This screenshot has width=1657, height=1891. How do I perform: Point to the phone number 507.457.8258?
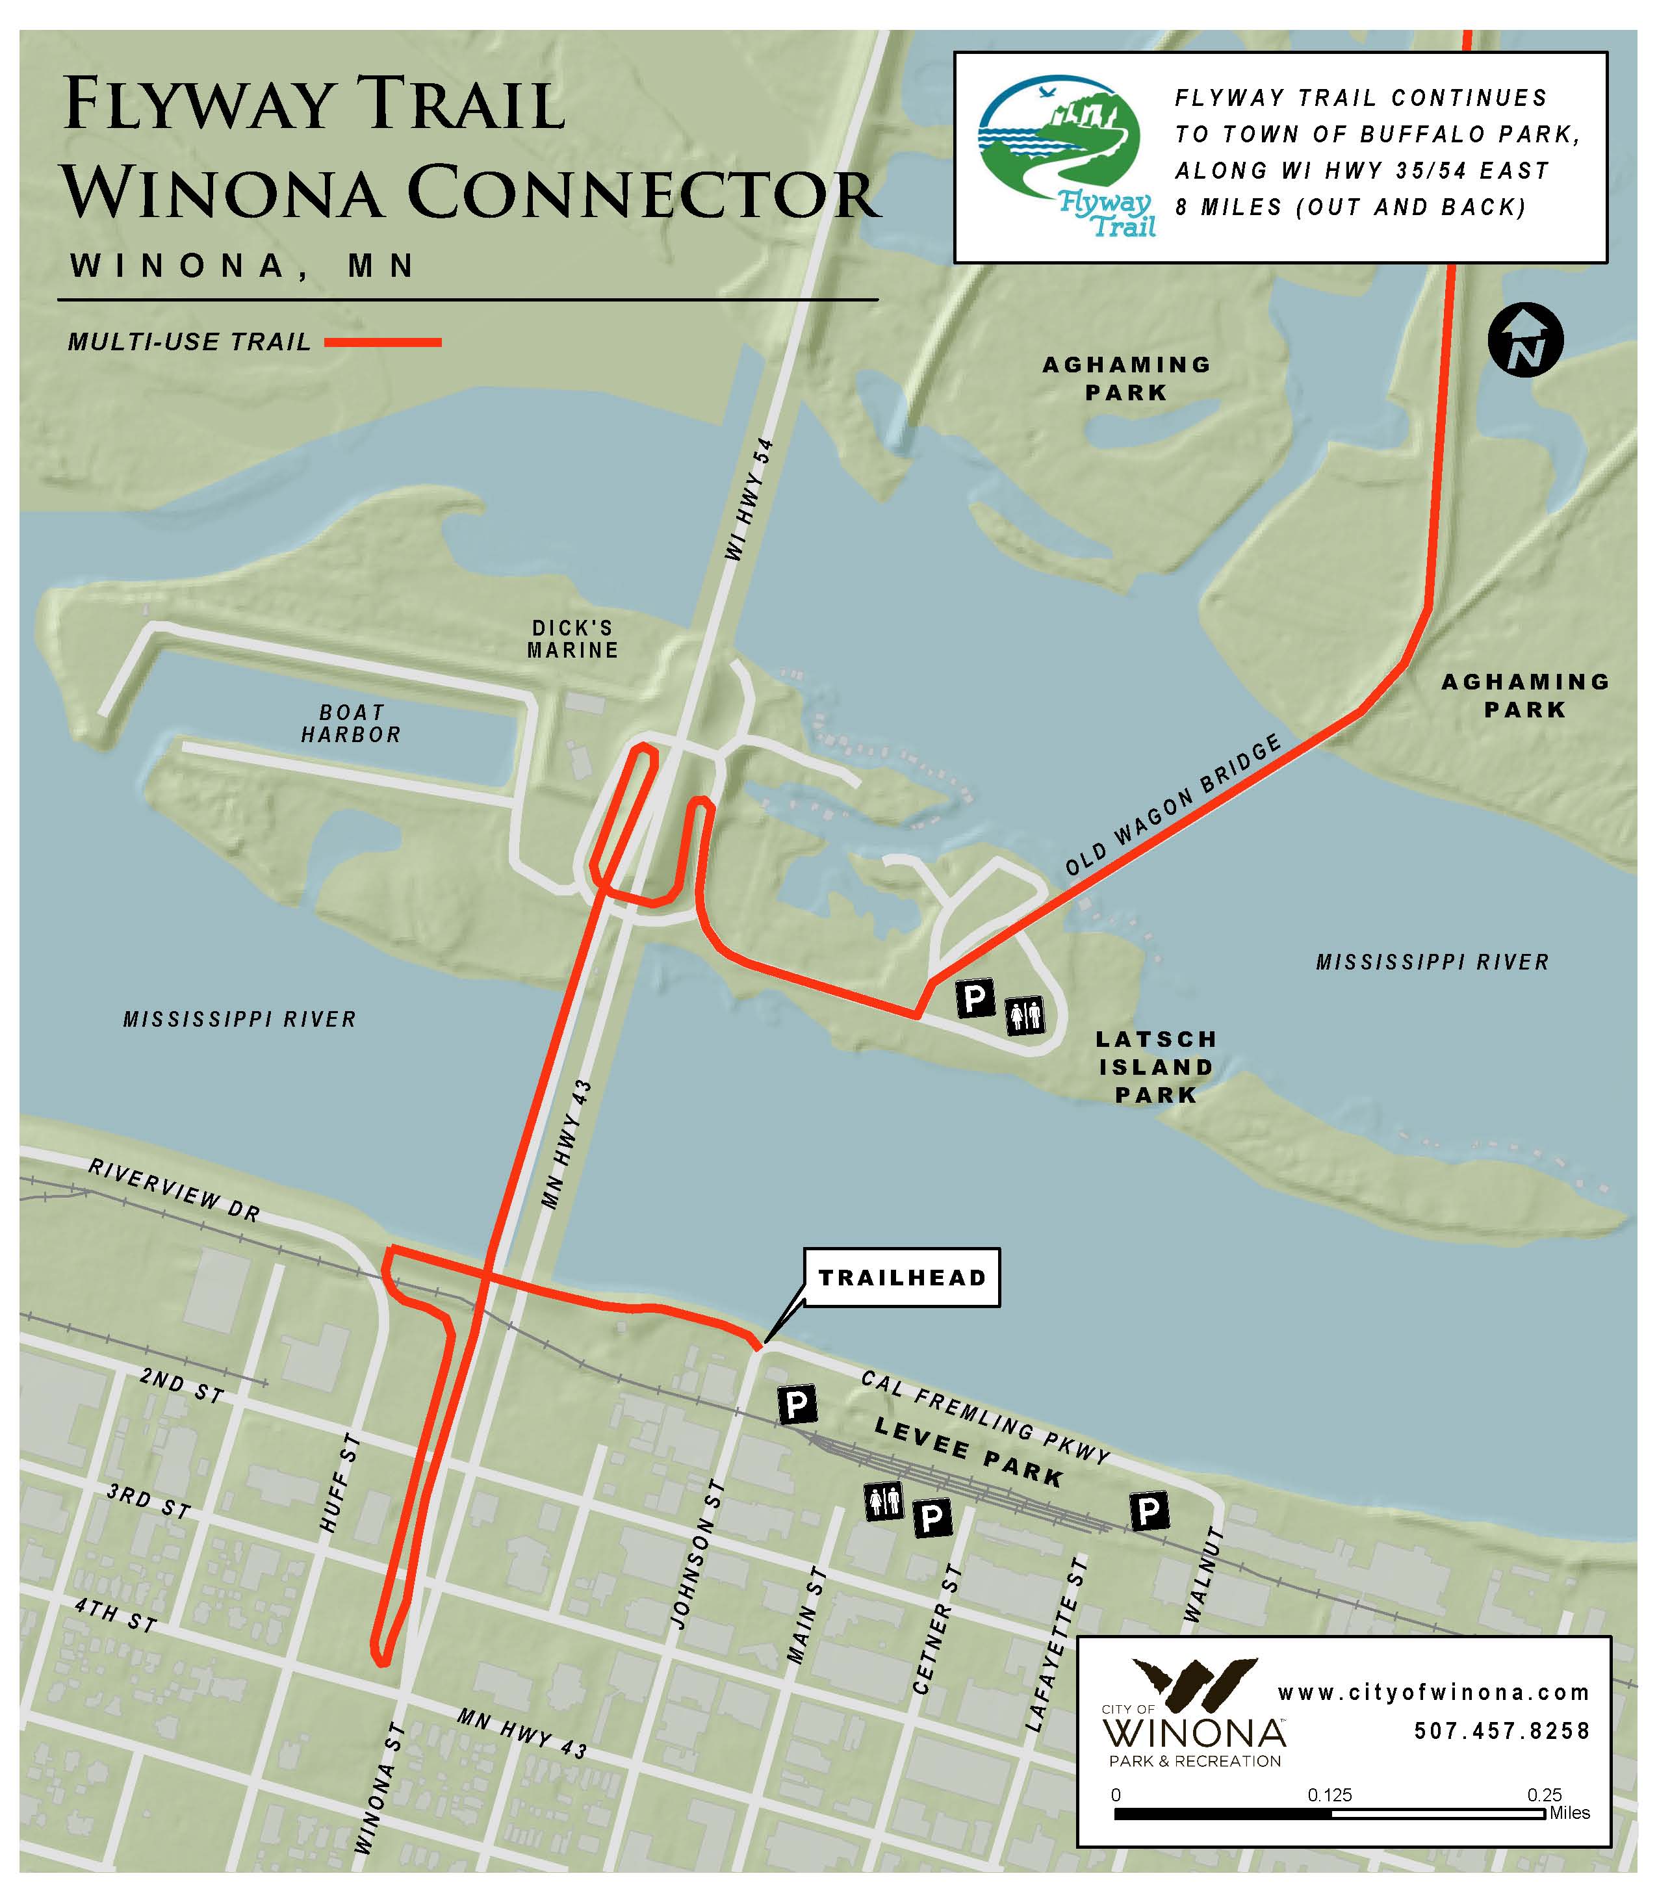[x=1502, y=1730]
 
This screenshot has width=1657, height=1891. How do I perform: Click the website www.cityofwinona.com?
[x=1433, y=1692]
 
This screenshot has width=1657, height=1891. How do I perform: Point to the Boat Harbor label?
[x=352, y=724]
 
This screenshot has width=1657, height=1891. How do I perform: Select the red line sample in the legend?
[x=383, y=342]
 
